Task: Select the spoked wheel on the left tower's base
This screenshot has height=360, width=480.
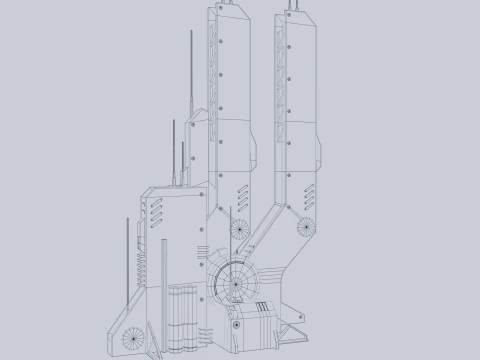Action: click(239, 228)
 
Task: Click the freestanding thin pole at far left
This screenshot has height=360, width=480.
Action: click(128, 260)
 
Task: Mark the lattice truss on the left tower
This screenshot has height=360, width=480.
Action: click(213, 80)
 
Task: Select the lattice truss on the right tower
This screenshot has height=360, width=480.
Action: click(279, 80)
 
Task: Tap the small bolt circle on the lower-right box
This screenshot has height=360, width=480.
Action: click(237, 322)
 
